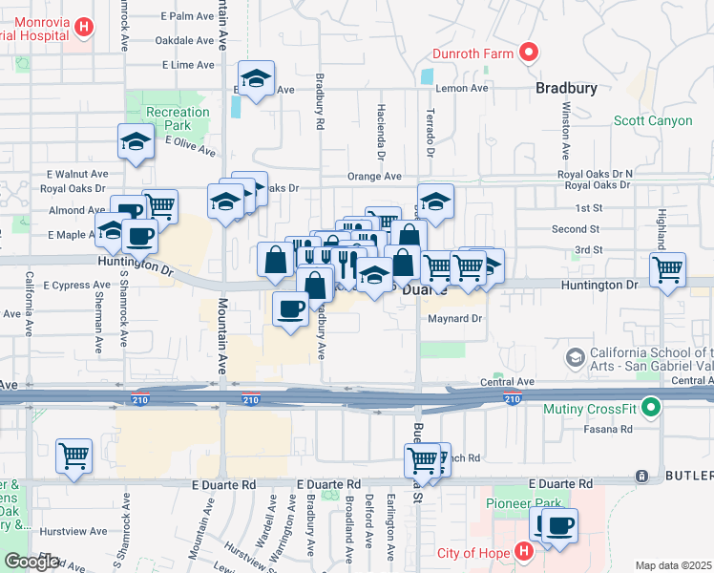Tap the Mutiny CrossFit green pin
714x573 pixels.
[x=652, y=410]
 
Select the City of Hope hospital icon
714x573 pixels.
[x=523, y=552]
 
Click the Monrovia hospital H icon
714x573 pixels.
[x=84, y=28]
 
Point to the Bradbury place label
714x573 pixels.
[x=566, y=88]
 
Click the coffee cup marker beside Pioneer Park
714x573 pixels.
[x=558, y=525]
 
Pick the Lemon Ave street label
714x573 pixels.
[x=462, y=88]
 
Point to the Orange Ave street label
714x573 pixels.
[x=374, y=176]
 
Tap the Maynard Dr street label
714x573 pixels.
[x=457, y=319]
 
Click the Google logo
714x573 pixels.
[x=31, y=562]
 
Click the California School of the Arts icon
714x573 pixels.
[x=576, y=357]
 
